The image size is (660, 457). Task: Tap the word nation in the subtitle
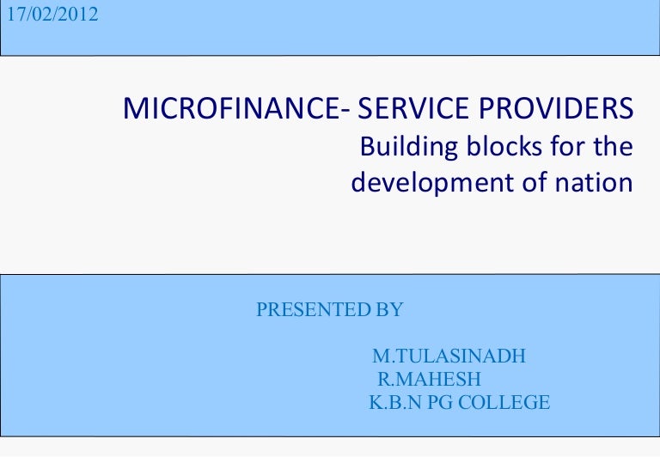(x=594, y=183)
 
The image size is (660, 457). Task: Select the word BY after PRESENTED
(x=389, y=310)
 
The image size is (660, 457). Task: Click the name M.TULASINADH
(x=449, y=356)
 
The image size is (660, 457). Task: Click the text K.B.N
(x=392, y=402)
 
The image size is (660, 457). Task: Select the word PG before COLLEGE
(x=438, y=402)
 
